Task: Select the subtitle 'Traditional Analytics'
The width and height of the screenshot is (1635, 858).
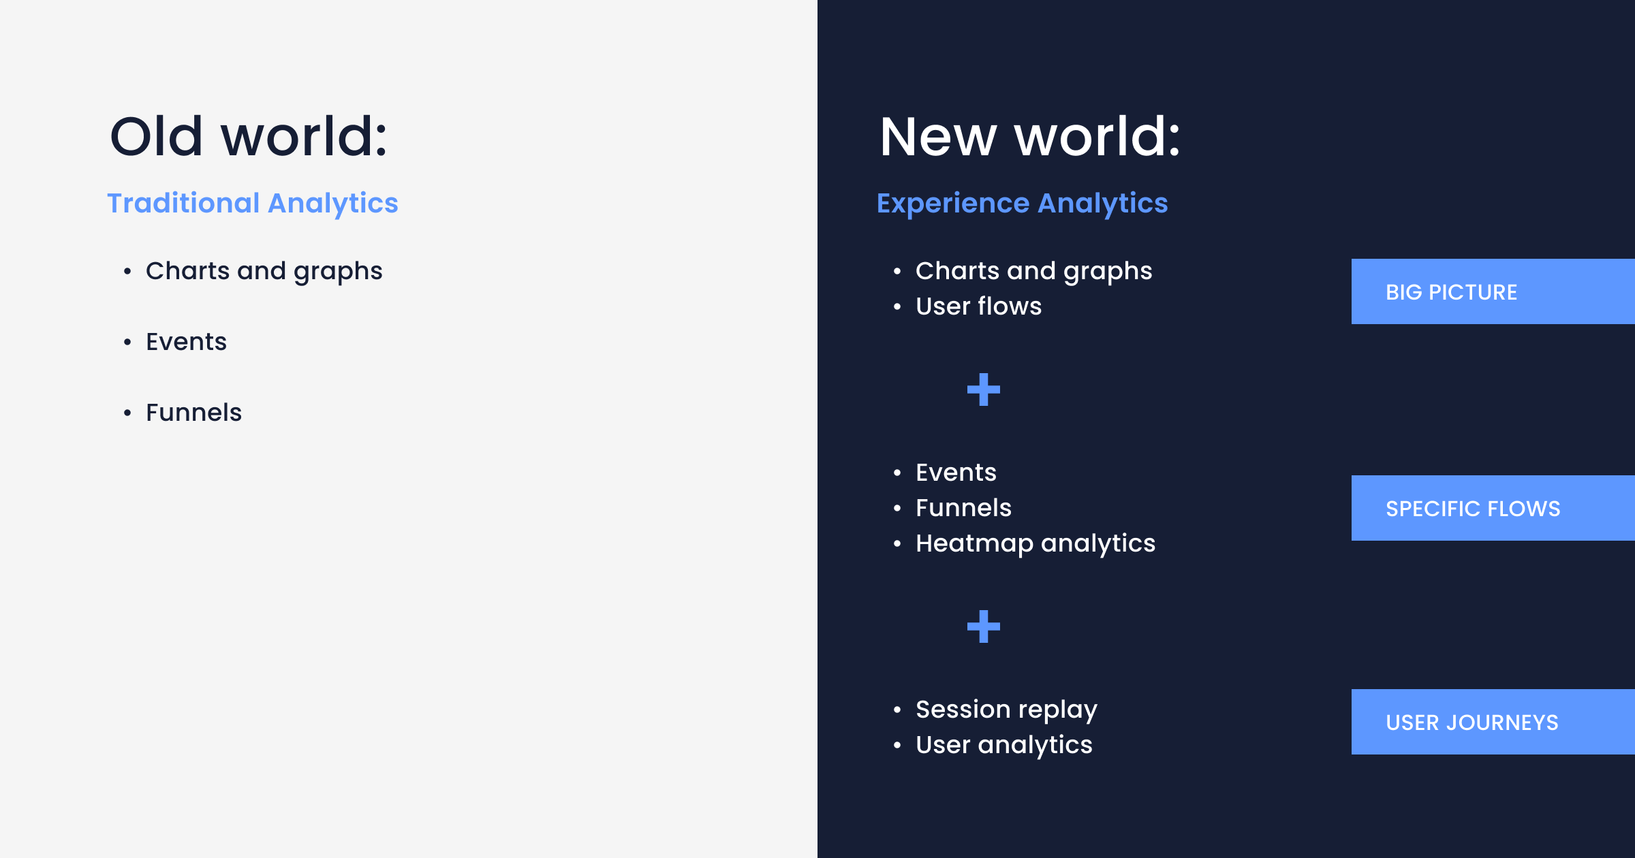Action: pyautogui.click(x=253, y=203)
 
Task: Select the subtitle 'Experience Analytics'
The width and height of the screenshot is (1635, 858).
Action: pyautogui.click(x=1022, y=203)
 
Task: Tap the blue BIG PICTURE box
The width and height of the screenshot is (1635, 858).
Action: pyautogui.click(x=1492, y=291)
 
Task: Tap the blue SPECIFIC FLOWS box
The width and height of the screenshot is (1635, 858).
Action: pyautogui.click(x=1492, y=508)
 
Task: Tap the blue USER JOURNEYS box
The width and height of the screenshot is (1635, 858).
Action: pyautogui.click(x=1492, y=722)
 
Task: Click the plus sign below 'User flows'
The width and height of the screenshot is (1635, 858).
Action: pyautogui.click(x=983, y=390)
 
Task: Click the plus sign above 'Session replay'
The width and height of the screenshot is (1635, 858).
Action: pyautogui.click(x=983, y=626)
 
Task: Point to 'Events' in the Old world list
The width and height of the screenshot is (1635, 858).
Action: pyautogui.click(x=186, y=342)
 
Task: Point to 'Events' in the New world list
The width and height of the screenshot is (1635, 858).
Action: pyautogui.click(x=956, y=473)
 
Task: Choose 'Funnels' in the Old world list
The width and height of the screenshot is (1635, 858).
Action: pyautogui.click(x=193, y=413)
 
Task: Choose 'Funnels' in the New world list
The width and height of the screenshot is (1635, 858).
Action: pyautogui.click(x=963, y=508)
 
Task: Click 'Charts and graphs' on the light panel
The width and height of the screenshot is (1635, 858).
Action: pyautogui.click(x=264, y=271)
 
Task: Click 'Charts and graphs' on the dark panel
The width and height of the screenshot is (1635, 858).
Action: pyautogui.click(x=1033, y=271)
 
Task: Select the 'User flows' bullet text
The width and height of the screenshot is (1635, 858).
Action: pyautogui.click(x=978, y=306)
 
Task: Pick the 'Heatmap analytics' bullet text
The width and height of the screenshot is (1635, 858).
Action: pyautogui.click(x=1035, y=543)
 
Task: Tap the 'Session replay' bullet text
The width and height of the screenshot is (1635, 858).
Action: pyautogui.click(x=1006, y=710)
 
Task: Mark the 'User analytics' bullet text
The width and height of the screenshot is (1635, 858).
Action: pyautogui.click(x=1003, y=745)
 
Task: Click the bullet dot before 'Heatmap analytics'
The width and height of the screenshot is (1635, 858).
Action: pyautogui.click(x=897, y=543)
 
